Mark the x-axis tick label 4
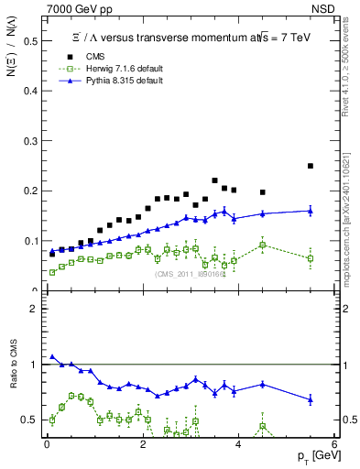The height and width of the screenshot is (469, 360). (x=238, y=445)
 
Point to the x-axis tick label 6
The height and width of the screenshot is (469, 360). (x=334, y=445)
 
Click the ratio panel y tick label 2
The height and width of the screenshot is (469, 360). (x=34, y=309)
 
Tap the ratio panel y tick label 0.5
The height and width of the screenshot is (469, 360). (x=32, y=420)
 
